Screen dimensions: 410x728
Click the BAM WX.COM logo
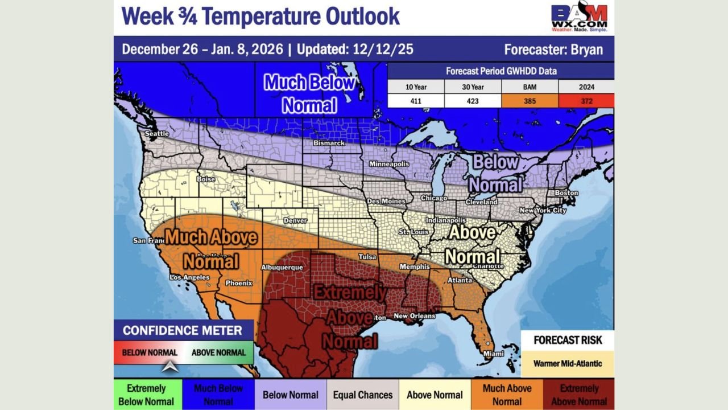pos(579,17)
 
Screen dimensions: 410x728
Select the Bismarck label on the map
pos(329,143)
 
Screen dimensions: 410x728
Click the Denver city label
pos(295,220)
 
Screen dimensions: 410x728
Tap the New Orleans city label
pos(415,316)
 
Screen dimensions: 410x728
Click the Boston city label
pos(566,193)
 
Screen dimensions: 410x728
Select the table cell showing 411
pos(416,101)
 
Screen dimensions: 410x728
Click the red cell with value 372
pos(586,101)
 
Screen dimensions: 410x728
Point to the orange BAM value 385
pos(530,101)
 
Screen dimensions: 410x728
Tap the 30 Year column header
pos(473,87)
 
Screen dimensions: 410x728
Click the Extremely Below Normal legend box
pos(146,395)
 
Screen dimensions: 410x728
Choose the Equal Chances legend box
pos(363,395)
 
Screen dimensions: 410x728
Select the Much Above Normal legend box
pos(507,395)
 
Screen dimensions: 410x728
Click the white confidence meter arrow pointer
pos(170,367)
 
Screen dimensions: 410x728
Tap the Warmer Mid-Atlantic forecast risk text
pos(568,363)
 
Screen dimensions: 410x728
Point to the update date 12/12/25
pos(382,50)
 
